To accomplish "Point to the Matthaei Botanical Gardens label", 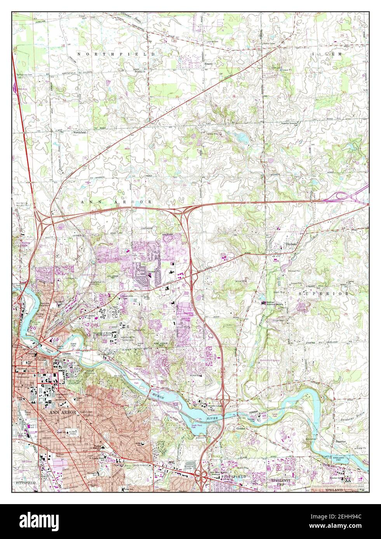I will coord(277,303).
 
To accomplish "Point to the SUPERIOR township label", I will coord(324,294).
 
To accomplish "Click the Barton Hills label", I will coord(25,245).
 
